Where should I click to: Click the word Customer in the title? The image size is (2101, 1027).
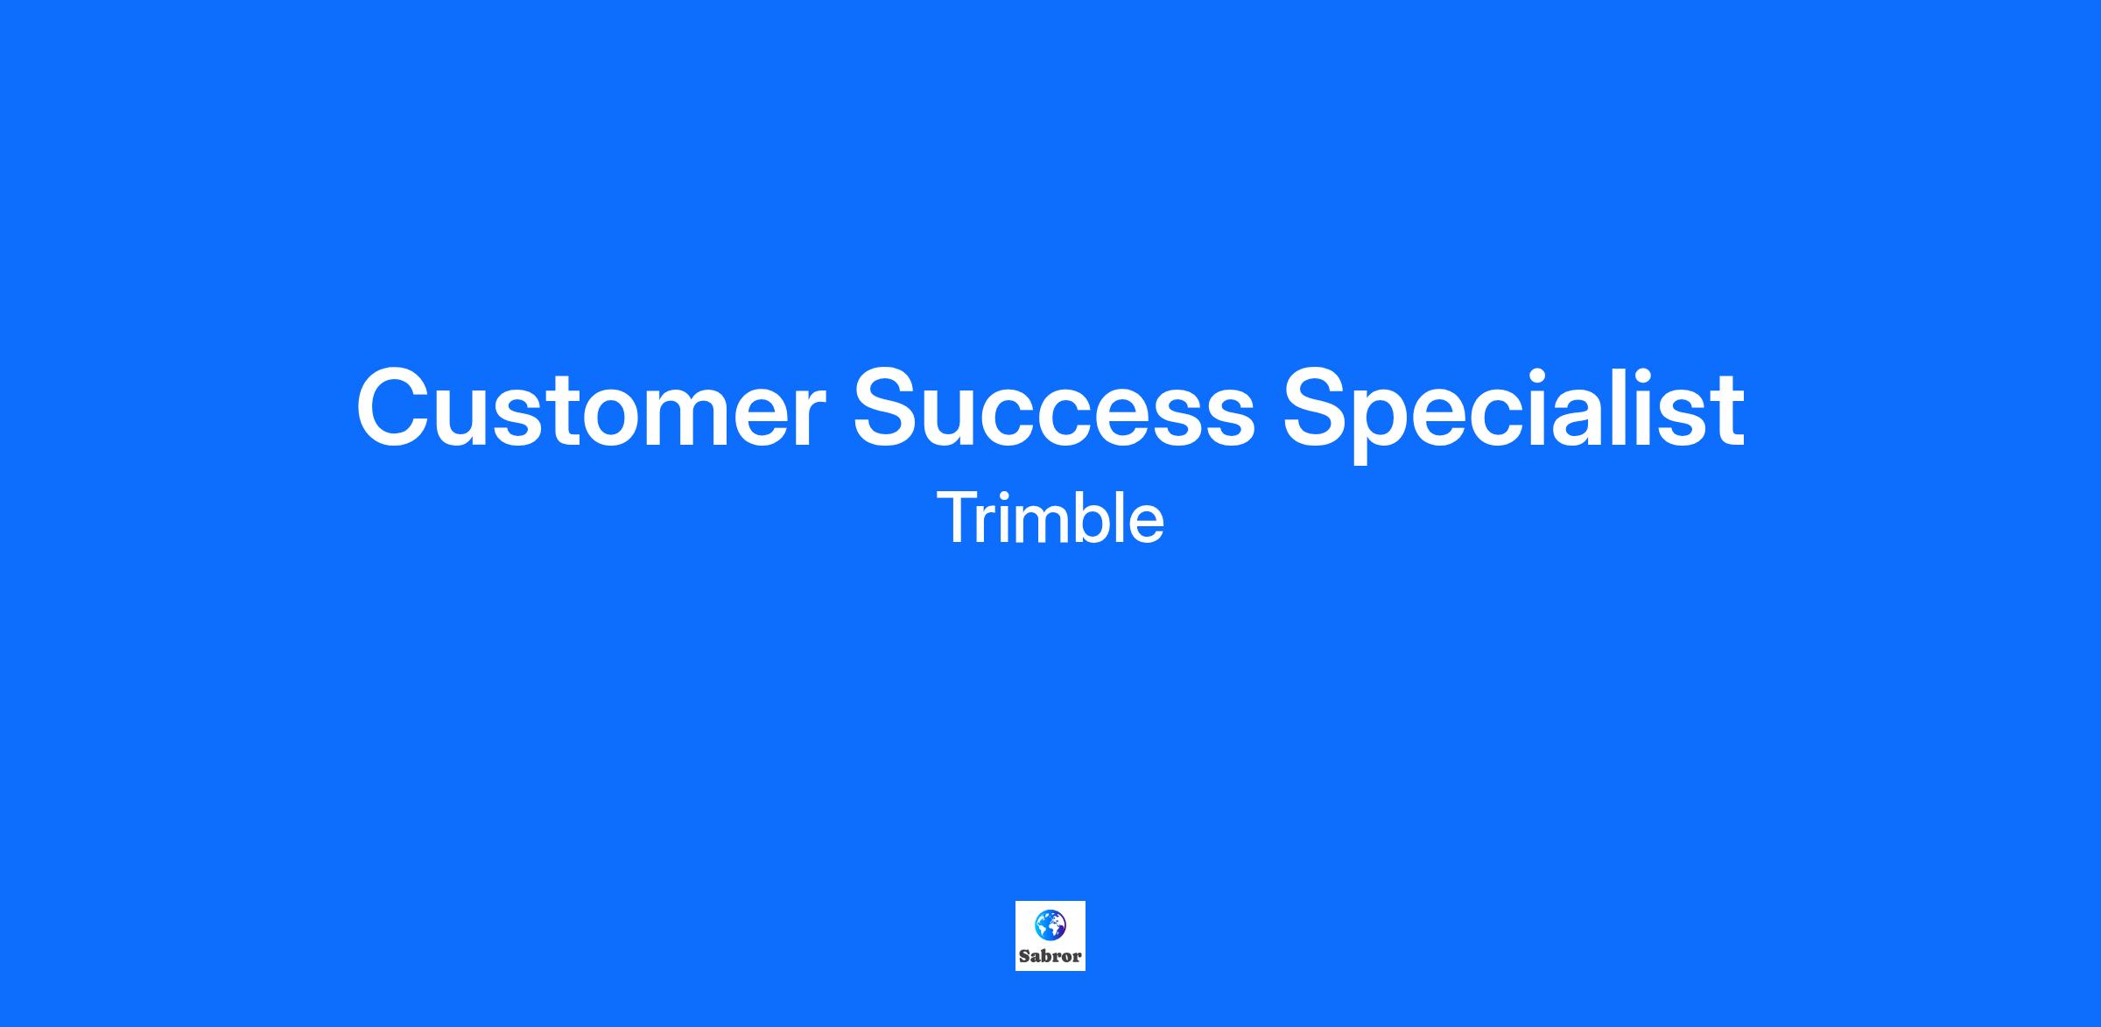tap(591, 408)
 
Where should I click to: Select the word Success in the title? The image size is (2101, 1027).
tap(1054, 408)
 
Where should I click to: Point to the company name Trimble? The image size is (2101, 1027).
tap(1050, 518)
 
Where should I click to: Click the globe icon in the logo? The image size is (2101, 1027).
tap(1050, 924)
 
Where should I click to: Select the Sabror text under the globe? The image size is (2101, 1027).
tap(1050, 956)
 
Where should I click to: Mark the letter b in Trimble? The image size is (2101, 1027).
tap(1090, 517)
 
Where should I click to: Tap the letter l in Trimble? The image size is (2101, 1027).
tap(1120, 517)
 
